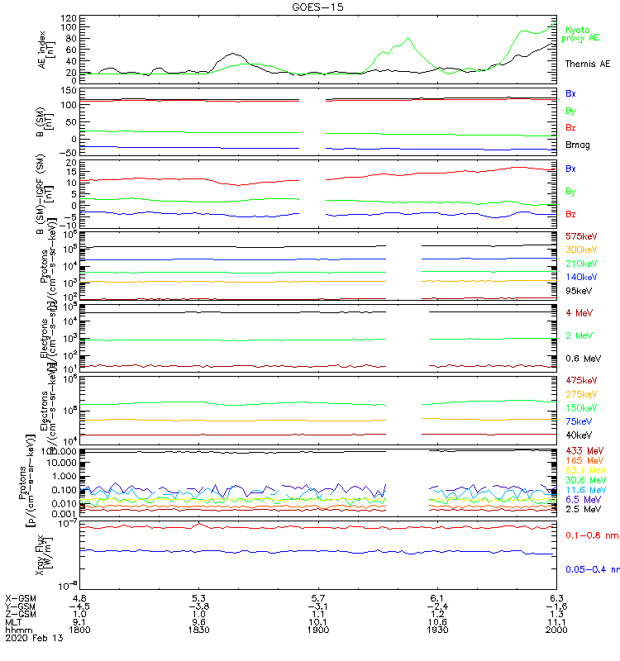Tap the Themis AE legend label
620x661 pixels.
[587, 63]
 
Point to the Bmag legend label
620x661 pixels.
[578, 145]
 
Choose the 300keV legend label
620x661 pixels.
[579, 250]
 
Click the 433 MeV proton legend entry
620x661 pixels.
[581, 450]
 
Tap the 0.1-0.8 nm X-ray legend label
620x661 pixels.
[591, 536]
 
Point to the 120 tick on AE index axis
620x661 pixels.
[69, 17]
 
